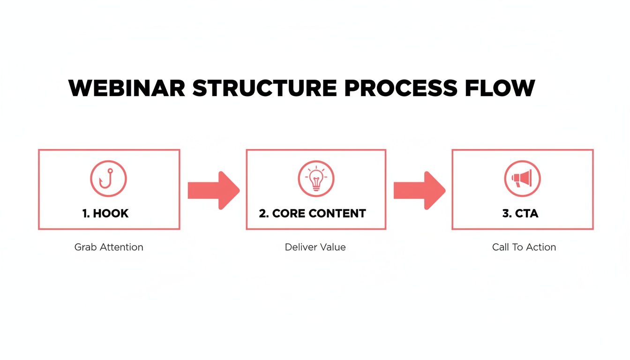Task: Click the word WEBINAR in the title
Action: [127, 89]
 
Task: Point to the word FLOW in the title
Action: [500, 89]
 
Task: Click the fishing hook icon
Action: [108, 179]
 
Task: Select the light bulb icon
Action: [316, 179]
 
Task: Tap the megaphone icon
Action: [522, 179]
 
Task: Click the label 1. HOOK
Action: [105, 214]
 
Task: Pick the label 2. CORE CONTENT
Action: [313, 214]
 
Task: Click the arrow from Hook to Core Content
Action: [213, 190]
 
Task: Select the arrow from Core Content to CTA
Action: [419, 190]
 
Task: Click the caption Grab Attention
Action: [109, 247]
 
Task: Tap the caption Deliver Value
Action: [315, 247]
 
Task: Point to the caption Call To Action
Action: [524, 247]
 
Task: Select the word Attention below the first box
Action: [120, 247]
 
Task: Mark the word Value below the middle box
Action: [332, 247]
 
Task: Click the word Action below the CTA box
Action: [540, 247]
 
